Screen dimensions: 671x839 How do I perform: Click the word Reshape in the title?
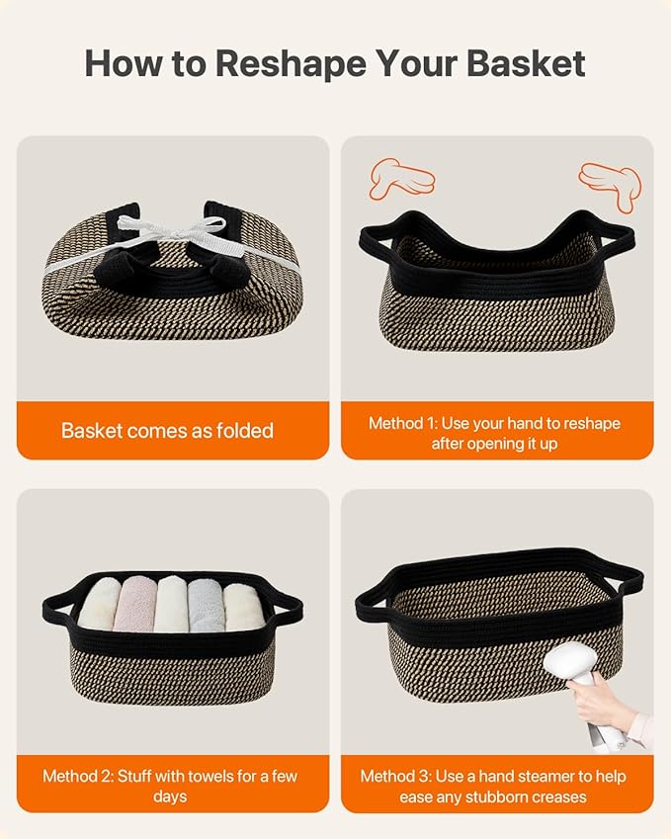click(x=292, y=64)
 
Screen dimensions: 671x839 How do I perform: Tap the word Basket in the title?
click(x=526, y=63)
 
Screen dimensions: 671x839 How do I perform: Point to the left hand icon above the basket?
click(x=402, y=179)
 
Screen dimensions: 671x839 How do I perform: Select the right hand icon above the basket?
click(x=610, y=186)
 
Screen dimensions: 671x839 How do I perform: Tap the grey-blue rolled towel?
click(x=206, y=605)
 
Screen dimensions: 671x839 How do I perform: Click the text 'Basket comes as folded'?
click(x=167, y=431)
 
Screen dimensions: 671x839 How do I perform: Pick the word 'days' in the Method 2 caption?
click(x=170, y=797)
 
